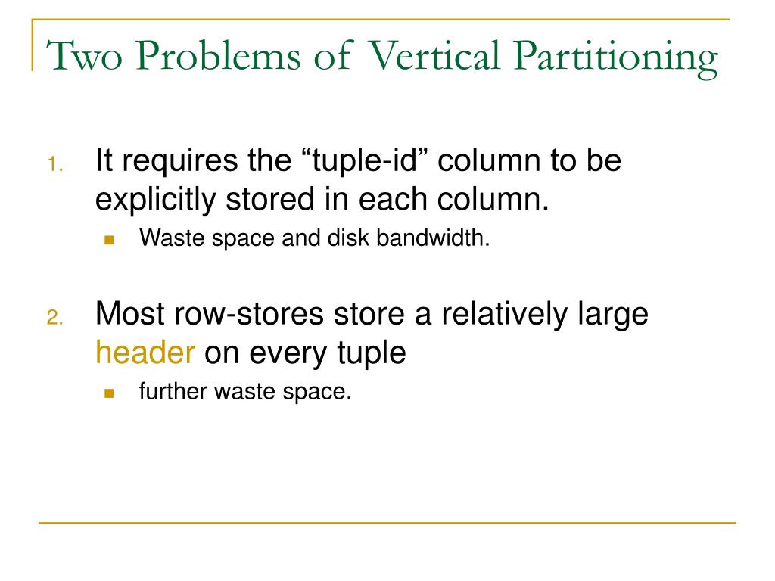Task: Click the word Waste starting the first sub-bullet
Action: tap(167, 239)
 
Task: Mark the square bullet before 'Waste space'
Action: tap(108, 240)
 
